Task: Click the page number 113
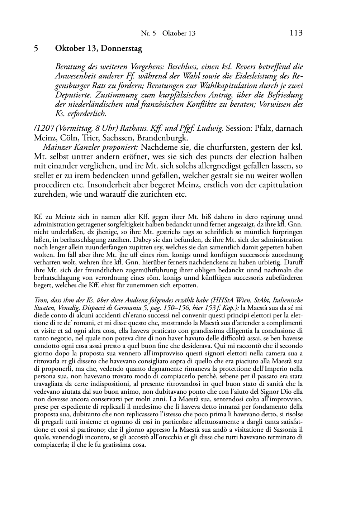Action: pos(296,33)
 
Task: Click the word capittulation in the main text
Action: pos(277,185)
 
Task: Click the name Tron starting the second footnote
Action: pos(39,300)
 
